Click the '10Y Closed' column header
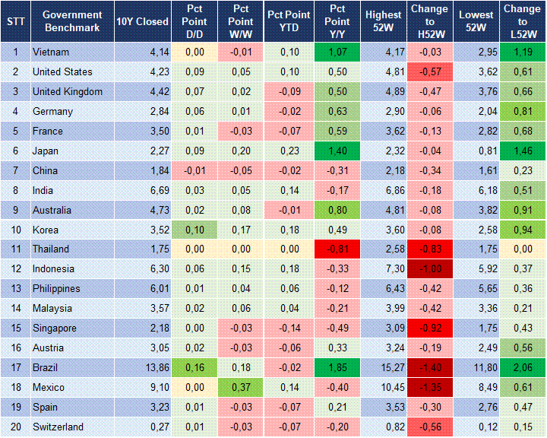(142, 21)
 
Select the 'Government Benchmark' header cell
(72, 21)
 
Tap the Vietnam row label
(50, 52)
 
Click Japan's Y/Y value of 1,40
(337, 151)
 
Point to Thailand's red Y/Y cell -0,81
(337, 249)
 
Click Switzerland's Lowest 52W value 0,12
(477, 427)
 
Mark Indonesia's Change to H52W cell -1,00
(431, 269)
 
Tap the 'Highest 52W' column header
(383, 21)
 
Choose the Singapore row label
(55, 328)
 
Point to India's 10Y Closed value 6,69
(142, 190)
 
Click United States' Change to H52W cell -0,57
(431, 71)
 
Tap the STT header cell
(15, 21)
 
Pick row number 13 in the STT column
(15, 289)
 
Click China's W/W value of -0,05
(240, 170)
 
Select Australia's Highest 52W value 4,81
(383, 210)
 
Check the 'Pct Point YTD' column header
(289, 21)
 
